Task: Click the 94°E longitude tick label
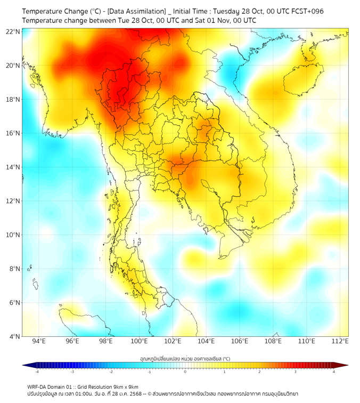[x=39, y=341]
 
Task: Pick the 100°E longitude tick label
[x=139, y=341]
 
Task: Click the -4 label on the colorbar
[x=36, y=372]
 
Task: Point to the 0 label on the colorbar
[x=185, y=372]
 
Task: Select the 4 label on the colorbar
[x=333, y=372]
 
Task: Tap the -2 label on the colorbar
[x=111, y=372]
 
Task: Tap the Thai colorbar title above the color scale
[x=185, y=358]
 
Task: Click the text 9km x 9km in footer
[x=125, y=386]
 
